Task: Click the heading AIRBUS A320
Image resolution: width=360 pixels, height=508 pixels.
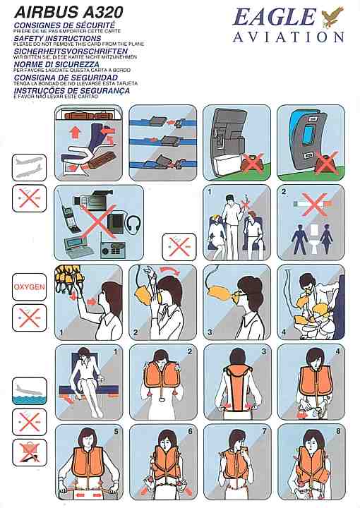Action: (x=68, y=13)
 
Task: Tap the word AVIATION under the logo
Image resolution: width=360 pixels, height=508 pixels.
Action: (x=289, y=37)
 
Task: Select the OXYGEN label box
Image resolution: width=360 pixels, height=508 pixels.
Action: (x=29, y=287)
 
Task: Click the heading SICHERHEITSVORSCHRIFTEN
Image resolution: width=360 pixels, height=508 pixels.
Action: (x=71, y=52)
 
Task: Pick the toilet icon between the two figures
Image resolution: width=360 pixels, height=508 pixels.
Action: (x=314, y=238)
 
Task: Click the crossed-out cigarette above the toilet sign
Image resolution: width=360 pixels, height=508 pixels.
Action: (x=313, y=203)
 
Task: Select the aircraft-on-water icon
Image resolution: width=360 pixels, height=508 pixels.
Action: (x=30, y=391)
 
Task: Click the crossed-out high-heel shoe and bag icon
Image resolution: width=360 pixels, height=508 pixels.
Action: (x=30, y=452)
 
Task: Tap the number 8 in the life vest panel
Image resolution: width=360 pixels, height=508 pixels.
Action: (x=338, y=432)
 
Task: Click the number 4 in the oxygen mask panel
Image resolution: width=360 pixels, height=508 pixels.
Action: (x=284, y=332)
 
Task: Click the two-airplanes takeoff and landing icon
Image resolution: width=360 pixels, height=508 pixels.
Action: (x=29, y=167)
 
